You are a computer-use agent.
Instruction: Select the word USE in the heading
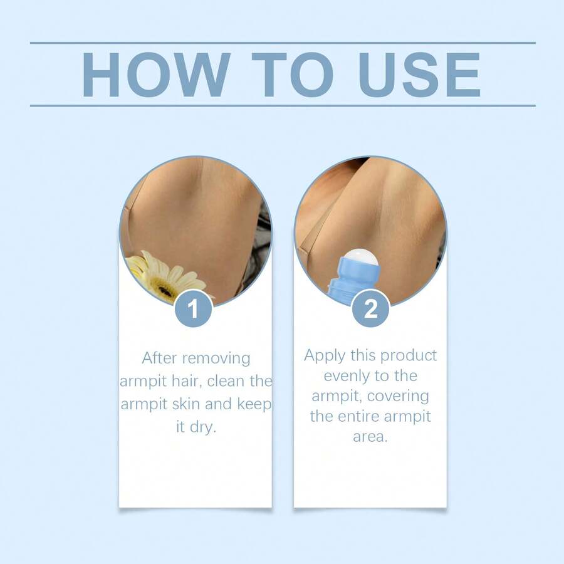pos(417,75)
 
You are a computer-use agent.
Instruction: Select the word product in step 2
pos(408,356)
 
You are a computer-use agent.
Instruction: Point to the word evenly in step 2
pos(345,377)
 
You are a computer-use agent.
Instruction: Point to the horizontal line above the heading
pos(283,43)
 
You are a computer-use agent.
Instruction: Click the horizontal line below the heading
pos(283,105)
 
